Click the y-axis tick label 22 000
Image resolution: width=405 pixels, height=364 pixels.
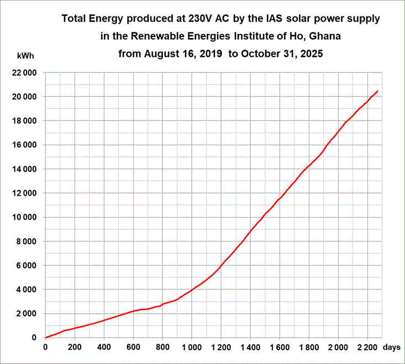tap(24, 73)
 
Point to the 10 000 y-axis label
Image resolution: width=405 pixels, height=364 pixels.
tap(24, 217)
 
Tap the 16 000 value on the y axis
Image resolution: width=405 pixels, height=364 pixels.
tap(24, 145)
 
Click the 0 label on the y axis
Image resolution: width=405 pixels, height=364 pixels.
tap(34, 337)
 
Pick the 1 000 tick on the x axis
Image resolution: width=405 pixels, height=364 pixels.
tap(191, 347)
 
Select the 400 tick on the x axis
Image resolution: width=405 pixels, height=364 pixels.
tap(103, 347)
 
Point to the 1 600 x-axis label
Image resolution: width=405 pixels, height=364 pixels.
tap(279, 347)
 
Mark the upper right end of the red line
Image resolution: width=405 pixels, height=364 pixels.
tap(377, 91)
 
